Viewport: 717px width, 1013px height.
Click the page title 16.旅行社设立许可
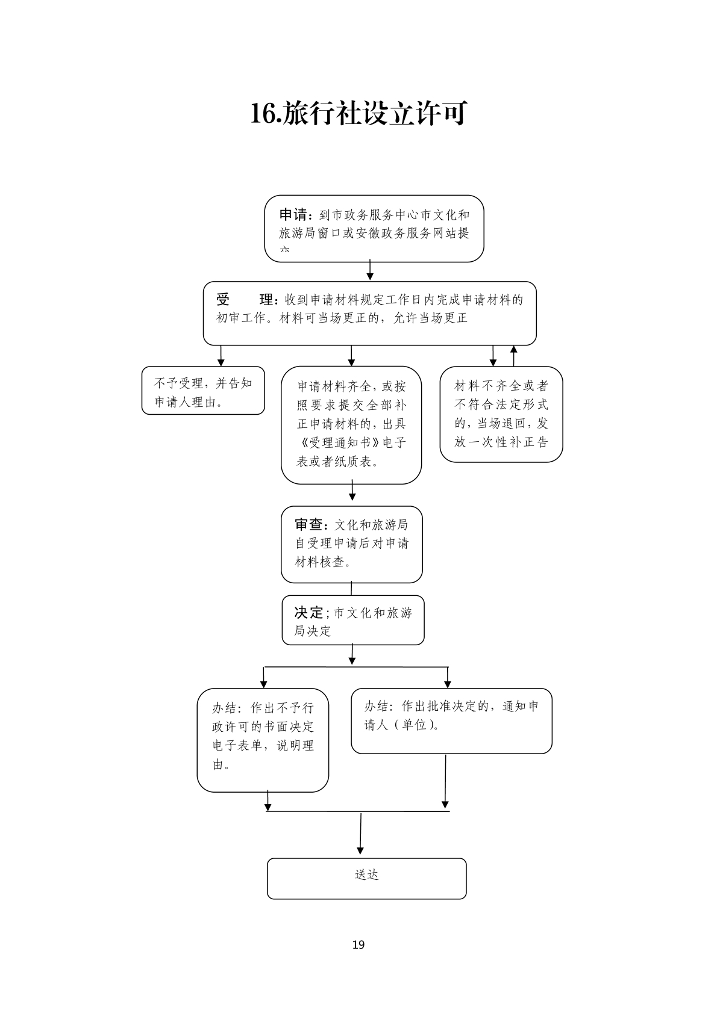tap(358, 114)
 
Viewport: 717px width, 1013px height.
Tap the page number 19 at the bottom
tap(358, 944)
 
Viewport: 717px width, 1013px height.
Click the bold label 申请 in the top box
tap(293, 215)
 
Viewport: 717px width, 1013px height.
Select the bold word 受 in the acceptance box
tap(223, 300)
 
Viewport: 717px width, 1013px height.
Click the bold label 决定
tap(308, 613)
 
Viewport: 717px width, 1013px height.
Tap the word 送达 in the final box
tap(366, 875)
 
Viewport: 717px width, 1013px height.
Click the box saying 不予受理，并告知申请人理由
tap(203, 391)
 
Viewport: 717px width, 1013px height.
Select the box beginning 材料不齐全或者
tap(501, 414)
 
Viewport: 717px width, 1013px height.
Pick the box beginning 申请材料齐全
tap(351, 424)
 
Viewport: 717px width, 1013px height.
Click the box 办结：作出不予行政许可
tap(263, 740)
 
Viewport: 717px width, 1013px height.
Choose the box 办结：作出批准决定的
tap(451, 721)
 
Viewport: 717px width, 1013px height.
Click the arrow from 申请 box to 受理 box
tap(370, 271)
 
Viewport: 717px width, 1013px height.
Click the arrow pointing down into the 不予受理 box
tap(221, 356)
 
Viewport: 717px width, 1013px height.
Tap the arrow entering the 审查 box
tap(352, 492)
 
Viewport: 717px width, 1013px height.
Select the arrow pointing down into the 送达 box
tap(360, 835)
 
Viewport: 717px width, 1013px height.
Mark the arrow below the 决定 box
tap(352, 655)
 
